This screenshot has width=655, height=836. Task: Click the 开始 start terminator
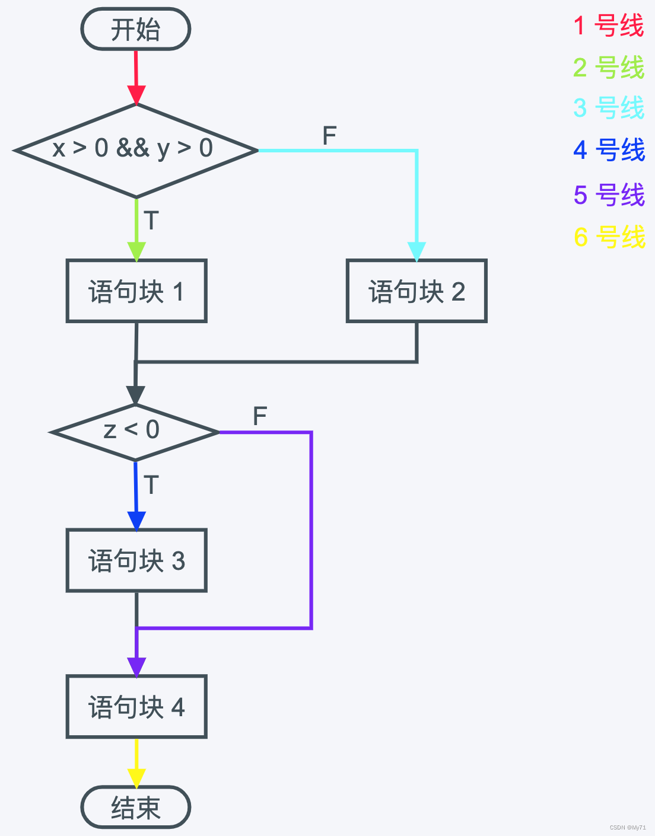136,29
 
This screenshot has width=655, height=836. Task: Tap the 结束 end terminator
136,807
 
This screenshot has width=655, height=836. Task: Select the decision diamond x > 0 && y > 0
136,150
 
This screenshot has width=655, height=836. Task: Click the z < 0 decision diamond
135,432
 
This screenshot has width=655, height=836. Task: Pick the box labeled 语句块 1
136,291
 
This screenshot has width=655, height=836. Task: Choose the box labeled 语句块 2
416,291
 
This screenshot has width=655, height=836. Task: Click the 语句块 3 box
136,560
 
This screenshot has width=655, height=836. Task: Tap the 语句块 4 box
136,707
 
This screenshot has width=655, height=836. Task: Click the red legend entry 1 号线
609,25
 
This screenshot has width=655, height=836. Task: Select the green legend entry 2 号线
609,67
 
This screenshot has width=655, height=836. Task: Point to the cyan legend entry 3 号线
609,108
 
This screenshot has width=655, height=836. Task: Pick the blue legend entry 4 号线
609,149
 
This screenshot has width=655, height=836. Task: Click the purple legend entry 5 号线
609,194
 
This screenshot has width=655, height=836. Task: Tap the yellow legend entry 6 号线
609,237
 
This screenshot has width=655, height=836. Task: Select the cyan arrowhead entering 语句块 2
416,251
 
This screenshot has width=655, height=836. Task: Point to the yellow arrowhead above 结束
136,777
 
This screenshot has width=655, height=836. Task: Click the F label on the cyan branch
329,136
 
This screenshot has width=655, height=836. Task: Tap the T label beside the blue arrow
151,485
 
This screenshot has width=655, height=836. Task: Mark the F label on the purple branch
260,416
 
